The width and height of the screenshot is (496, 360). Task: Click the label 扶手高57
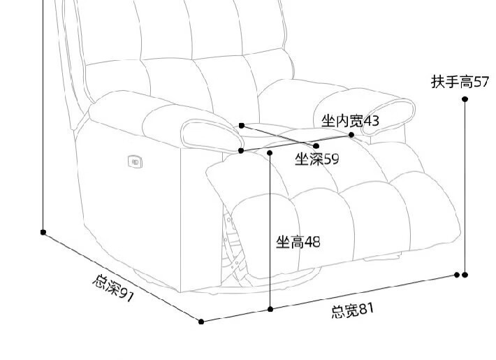coord(460,82)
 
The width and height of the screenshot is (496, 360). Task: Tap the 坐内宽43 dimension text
coord(350,121)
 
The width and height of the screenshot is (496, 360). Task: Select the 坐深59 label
coord(316,159)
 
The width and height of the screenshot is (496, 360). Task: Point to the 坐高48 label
coord(298,243)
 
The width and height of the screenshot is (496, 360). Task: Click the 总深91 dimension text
coord(113,287)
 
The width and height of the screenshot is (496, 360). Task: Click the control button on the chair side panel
coord(136,161)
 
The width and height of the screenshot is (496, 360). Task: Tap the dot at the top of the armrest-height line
coord(465,99)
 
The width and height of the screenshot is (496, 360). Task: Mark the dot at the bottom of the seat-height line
coord(270,308)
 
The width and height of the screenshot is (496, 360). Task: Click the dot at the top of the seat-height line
coord(270,150)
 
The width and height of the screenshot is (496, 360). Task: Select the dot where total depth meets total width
coord(201,322)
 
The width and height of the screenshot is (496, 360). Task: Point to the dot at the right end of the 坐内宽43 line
coord(352,134)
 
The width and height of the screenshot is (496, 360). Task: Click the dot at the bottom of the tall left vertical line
coord(43,231)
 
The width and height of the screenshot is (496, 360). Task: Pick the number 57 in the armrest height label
coord(481,82)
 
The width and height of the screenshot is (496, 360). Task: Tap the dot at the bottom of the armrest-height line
coord(465,275)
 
